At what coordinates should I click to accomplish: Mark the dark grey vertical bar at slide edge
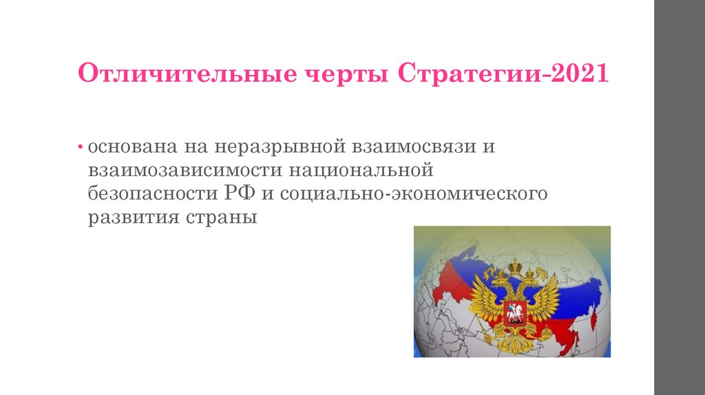click(x=680, y=197)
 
